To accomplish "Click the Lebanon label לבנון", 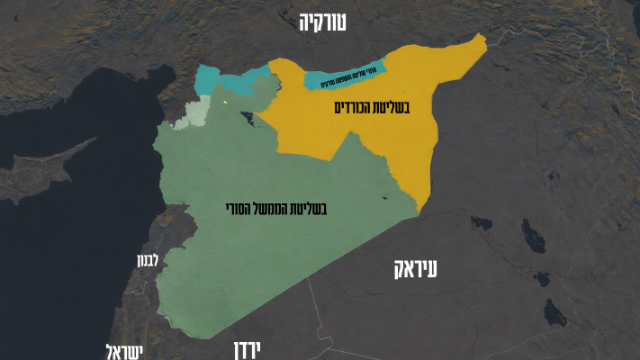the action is pos(147,261).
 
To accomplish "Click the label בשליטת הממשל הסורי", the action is pos(275,208).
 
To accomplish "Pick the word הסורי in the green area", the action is pos(238,208).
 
